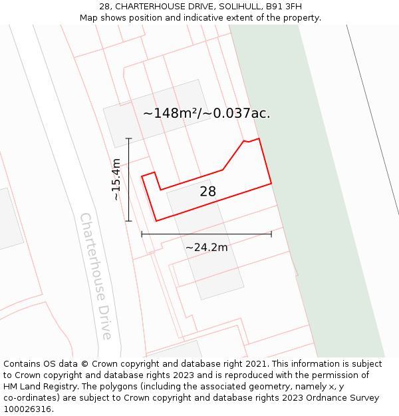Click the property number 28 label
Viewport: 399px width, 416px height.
click(207, 192)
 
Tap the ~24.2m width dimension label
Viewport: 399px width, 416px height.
click(206, 248)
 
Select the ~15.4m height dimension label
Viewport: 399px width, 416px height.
click(116, 179)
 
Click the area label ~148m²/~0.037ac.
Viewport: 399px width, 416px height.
click(206, 113)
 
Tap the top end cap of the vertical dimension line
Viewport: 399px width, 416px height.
click(128, 138)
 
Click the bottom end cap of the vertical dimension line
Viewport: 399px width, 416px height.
click(128, 221)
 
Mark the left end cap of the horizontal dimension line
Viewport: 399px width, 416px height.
click(142, 234)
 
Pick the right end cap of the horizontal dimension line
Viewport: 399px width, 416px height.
click(271, 234)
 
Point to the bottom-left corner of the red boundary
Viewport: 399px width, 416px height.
click(156, 221)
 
